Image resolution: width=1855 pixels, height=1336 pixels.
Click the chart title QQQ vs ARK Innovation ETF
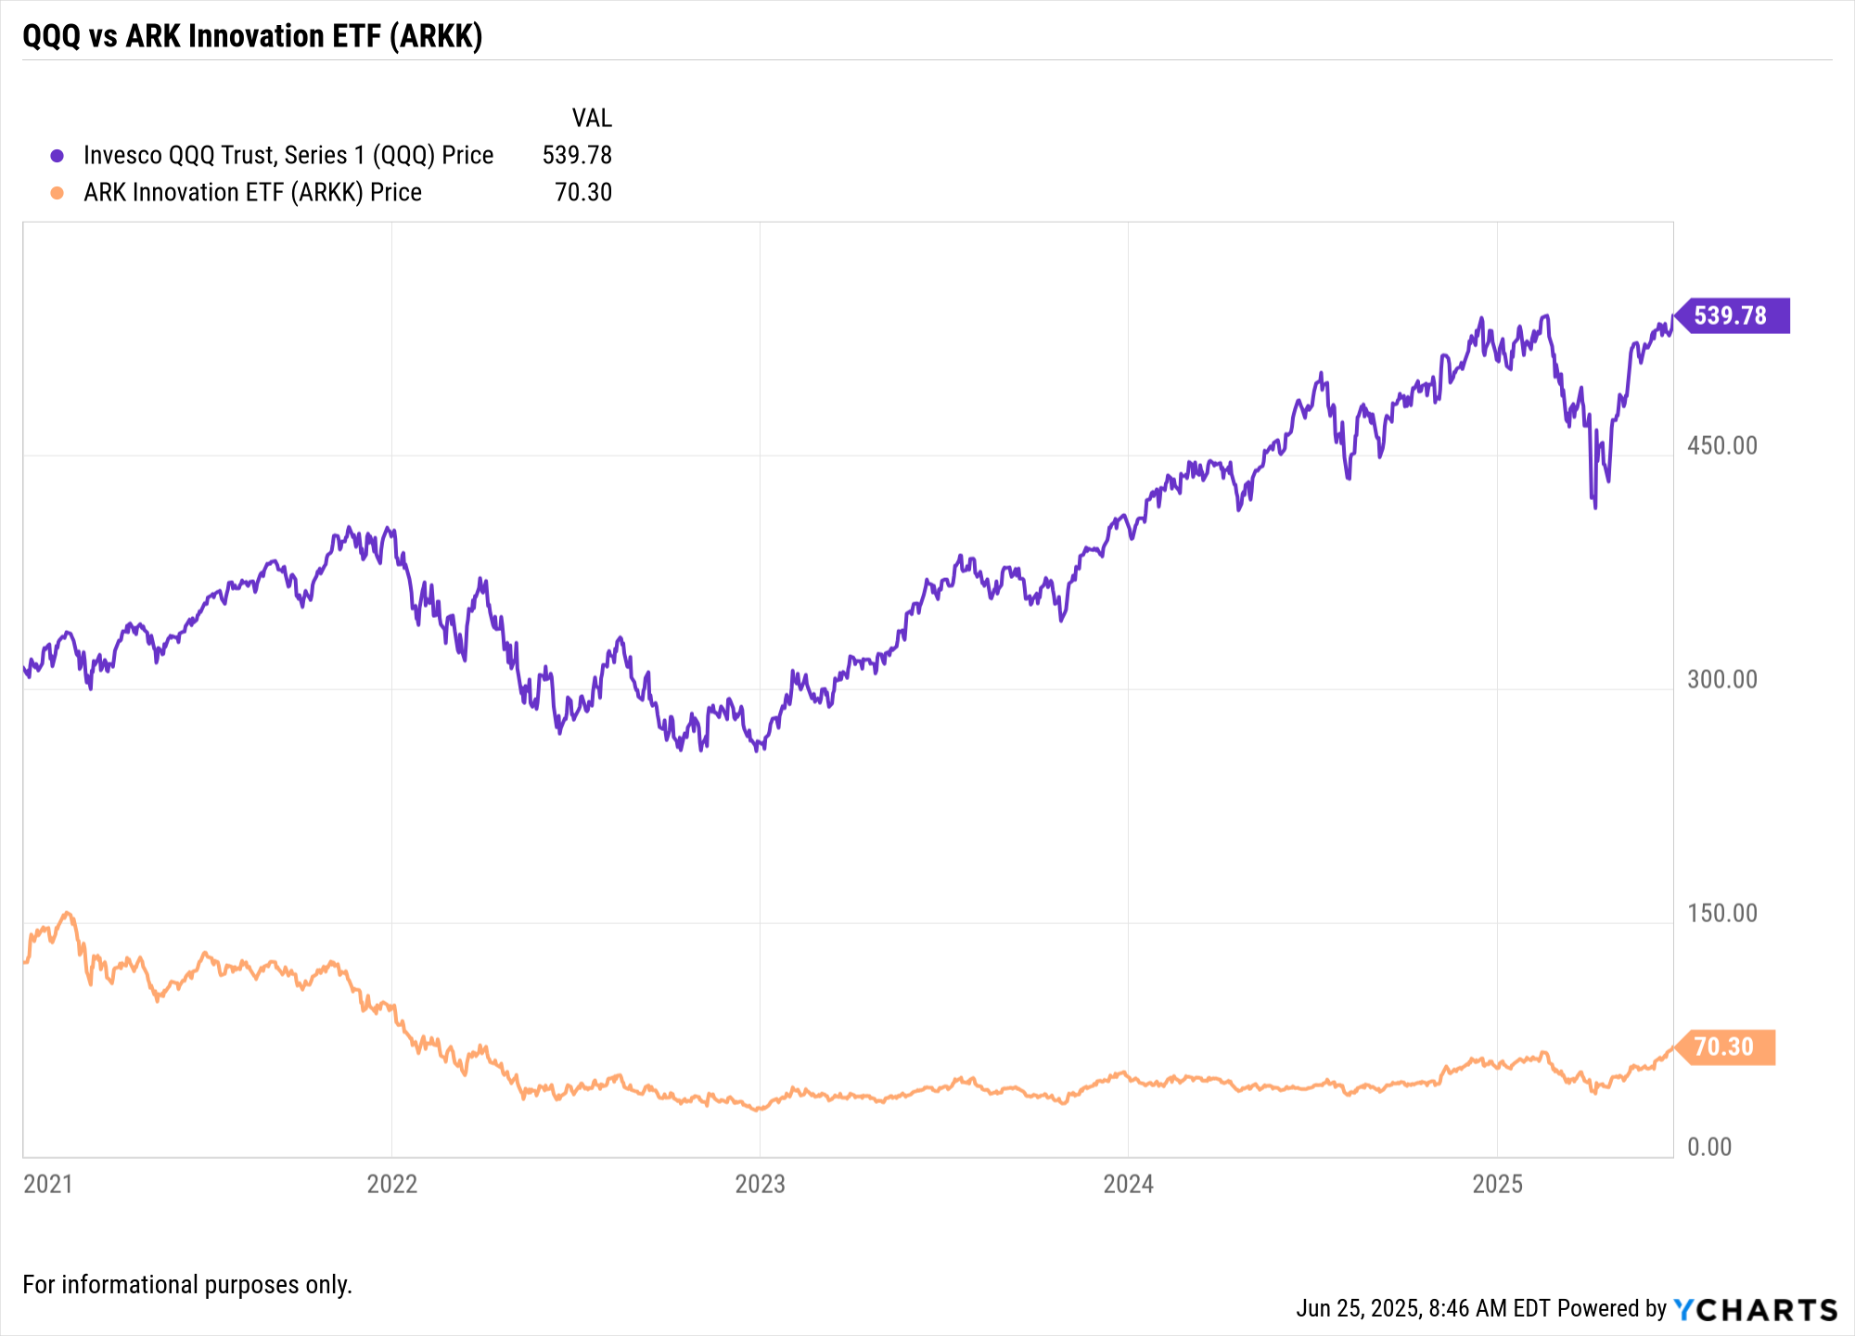tap(252, 36)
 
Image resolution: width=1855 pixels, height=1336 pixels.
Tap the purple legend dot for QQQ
tap(58, 156)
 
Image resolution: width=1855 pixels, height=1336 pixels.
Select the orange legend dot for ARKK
tap(58, 193)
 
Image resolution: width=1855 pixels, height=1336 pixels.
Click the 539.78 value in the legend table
tap(577, 155)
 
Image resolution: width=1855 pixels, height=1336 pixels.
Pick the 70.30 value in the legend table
tap(583, 192)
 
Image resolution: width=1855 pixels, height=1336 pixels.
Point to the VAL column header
tap(592, 118)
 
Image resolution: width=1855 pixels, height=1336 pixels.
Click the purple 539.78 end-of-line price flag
tap(1731, 315)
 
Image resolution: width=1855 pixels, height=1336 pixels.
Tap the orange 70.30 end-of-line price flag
tap(1725, 1047)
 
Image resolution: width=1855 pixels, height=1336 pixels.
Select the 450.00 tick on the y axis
tap(1722, 445)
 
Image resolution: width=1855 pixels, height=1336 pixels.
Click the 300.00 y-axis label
tap(1722, 679)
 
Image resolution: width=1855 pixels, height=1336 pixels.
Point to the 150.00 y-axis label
tap(1722, 913)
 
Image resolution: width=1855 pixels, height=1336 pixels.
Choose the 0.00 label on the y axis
tap(1709, 1147)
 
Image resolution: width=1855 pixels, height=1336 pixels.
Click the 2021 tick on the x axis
tap(48, 1184)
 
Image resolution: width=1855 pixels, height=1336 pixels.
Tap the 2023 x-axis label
tap(760, 1184)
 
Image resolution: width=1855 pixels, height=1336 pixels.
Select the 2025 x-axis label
tap(1498, 1184)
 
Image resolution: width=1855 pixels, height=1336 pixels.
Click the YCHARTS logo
tap(1756, 1309)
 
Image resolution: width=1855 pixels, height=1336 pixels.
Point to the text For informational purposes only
tap(187, 1285)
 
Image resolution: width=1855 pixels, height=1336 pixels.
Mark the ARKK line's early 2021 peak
tap(67, 913)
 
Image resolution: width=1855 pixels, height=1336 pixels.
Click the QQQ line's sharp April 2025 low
tap(1594, 507)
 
